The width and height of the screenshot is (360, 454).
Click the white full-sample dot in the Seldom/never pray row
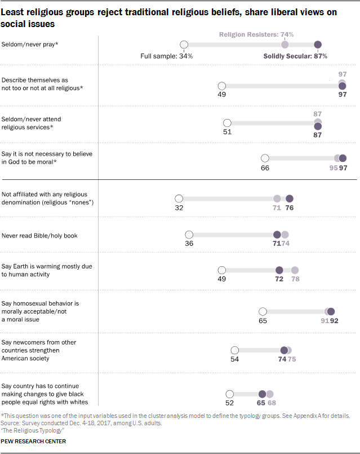coord(183,45)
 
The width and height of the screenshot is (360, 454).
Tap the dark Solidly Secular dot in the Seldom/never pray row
coord(318,45)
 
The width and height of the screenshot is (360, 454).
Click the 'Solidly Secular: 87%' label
coord(295,56)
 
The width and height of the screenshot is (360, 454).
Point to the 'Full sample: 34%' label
coord(167,56)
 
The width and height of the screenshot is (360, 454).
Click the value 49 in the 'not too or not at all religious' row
coord(221,95)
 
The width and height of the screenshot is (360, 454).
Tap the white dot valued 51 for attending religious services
coord(227,123)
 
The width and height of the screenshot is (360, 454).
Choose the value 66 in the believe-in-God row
coord(265,168)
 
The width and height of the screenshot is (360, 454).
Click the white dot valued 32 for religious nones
coord(179,199)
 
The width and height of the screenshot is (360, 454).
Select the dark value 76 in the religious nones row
coord(290,208)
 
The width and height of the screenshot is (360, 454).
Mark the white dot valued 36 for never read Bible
coord(189,235)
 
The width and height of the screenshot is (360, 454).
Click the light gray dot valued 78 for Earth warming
coord(294,271)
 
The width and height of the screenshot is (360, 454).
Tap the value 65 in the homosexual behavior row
coord(262,320)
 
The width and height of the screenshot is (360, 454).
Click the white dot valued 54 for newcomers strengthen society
coord(235,350)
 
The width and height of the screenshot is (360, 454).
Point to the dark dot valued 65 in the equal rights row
coord(262,394)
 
